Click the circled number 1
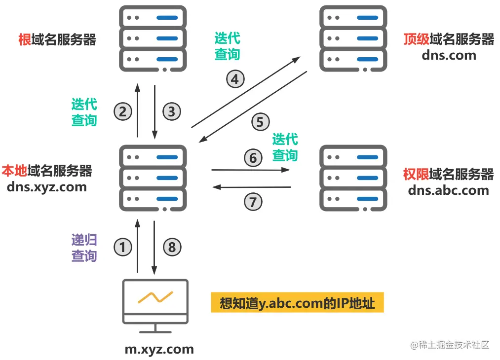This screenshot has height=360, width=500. coord(123,247)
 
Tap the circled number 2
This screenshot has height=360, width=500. coord(123,111)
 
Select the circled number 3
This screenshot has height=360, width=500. coord(171,111)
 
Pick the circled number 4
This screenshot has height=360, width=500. coord(235,79)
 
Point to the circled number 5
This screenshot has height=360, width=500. coord(260,121)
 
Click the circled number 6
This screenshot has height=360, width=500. coord(253,158)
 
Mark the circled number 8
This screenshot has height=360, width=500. coord(172,247)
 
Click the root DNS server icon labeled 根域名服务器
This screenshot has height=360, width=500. coord(153,38)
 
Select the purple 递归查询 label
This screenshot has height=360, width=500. coord(84,248)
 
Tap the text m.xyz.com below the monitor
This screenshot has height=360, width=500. coord(159,350)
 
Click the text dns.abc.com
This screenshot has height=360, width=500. coord(448,190)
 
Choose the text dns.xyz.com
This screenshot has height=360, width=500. coord(47,187)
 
